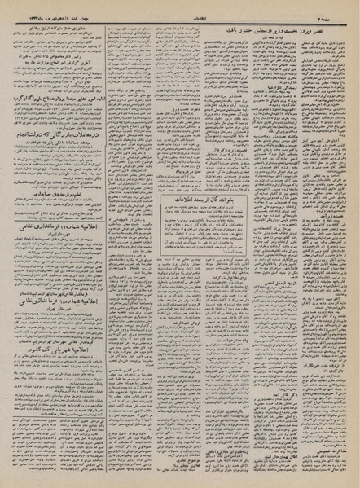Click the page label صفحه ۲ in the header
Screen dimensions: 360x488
click(x=338, y=10)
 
